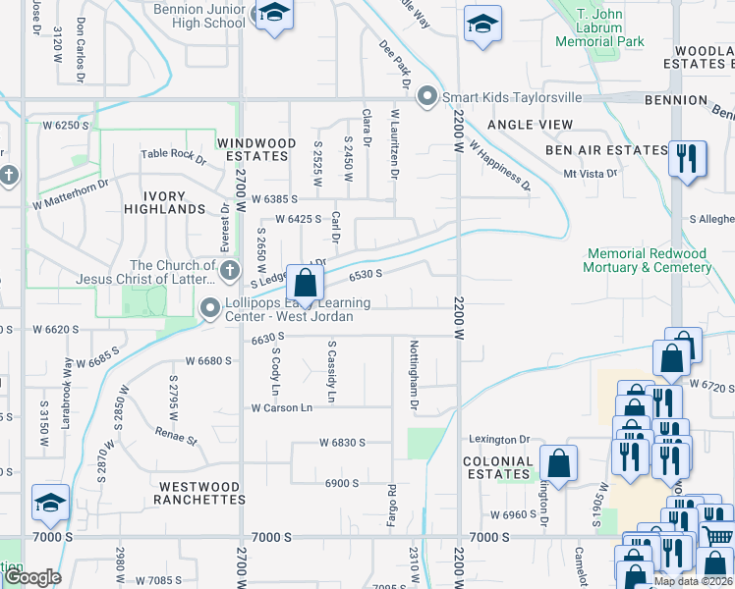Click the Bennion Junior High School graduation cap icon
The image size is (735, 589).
tap(274, 15)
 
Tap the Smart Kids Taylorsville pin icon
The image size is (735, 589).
tap(426, 97)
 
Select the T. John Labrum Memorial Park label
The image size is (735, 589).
tap(599, 28)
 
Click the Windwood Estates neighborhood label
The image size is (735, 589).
tap(256, 149)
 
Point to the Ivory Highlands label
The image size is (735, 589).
tap(165, 202)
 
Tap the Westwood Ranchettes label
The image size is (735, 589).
tap(198, 493)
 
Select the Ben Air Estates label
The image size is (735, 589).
tap(606, 150)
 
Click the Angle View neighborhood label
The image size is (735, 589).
tap(530, 125)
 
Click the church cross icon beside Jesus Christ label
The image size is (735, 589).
tap(229, 270)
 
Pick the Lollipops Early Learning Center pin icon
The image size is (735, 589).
tap(209, 308)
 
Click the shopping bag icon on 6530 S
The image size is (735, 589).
tap(306, 285)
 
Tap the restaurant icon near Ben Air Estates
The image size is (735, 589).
tap(687, 157)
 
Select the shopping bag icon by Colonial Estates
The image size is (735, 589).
tap(558, 463)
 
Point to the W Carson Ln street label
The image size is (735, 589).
tap(281, 407)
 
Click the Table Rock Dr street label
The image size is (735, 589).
tap(174, 154)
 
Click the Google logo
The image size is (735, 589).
tap(32, 577)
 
